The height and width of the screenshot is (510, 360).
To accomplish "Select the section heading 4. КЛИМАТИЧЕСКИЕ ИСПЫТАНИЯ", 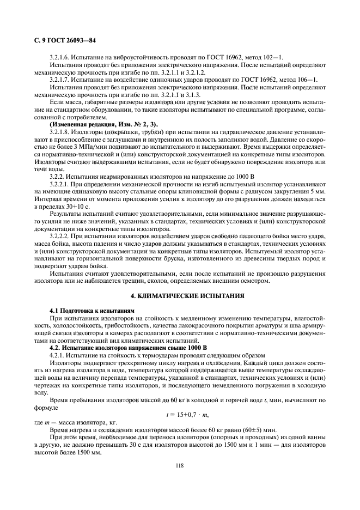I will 179,295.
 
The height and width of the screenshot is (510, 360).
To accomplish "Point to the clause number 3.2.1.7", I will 61,79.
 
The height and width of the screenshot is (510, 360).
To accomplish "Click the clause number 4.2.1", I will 58,354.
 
